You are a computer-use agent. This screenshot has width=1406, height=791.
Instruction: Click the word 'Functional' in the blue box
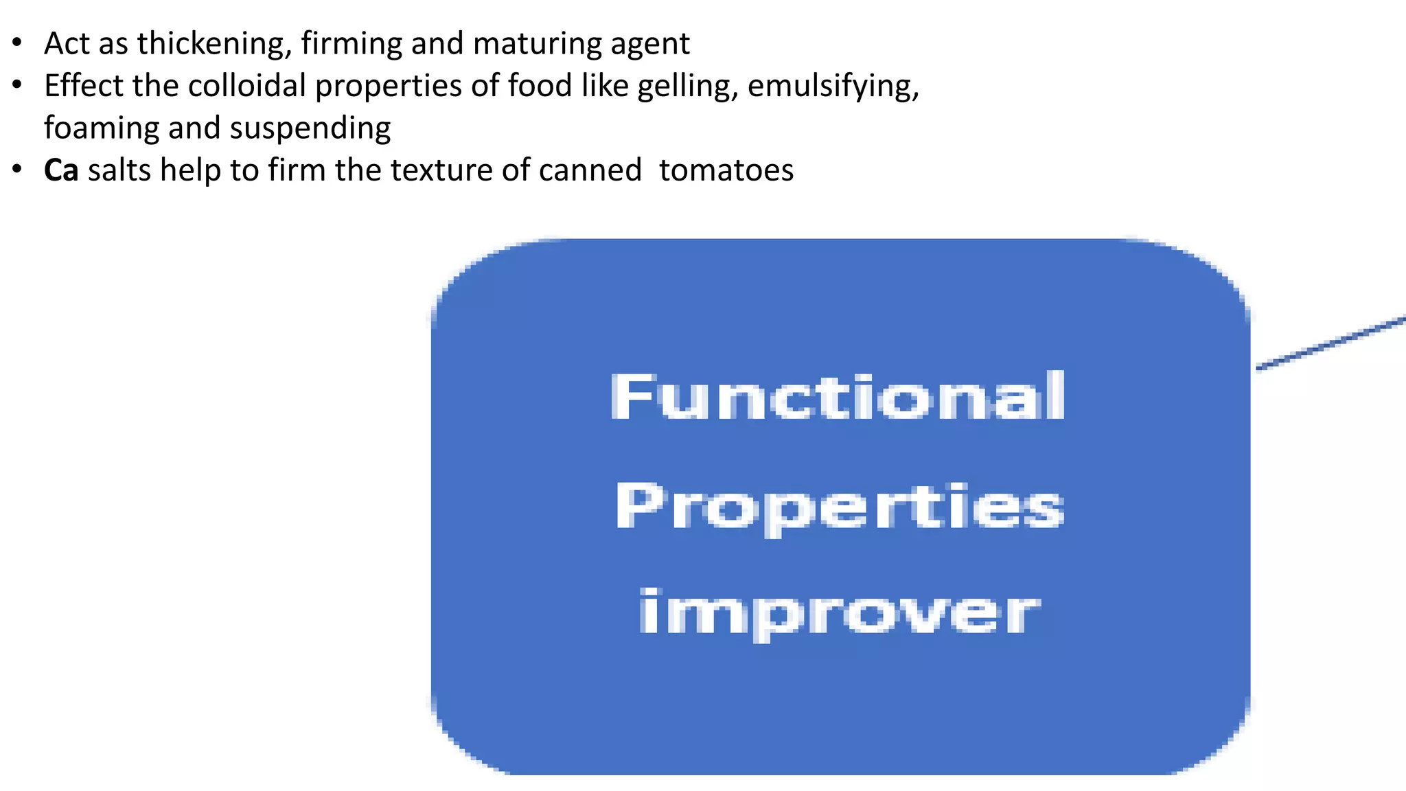(838, 396)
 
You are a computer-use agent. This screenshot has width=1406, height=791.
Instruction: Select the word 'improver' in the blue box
(839, 612)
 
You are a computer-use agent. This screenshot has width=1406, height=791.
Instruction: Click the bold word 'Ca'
(61, 170)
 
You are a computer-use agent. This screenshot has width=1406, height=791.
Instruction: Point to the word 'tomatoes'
(726, 170)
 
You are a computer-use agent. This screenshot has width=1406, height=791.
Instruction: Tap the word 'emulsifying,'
(833, 87)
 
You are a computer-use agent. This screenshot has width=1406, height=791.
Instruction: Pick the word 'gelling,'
(687, 87)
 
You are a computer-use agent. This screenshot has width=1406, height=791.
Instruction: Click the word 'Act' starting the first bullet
(67, 44)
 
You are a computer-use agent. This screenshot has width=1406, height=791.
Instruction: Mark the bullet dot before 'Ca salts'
(17, 170)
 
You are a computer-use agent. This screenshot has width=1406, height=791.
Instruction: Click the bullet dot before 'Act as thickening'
(17, 43)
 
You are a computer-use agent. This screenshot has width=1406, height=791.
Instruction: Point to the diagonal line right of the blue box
(1332, 343)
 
